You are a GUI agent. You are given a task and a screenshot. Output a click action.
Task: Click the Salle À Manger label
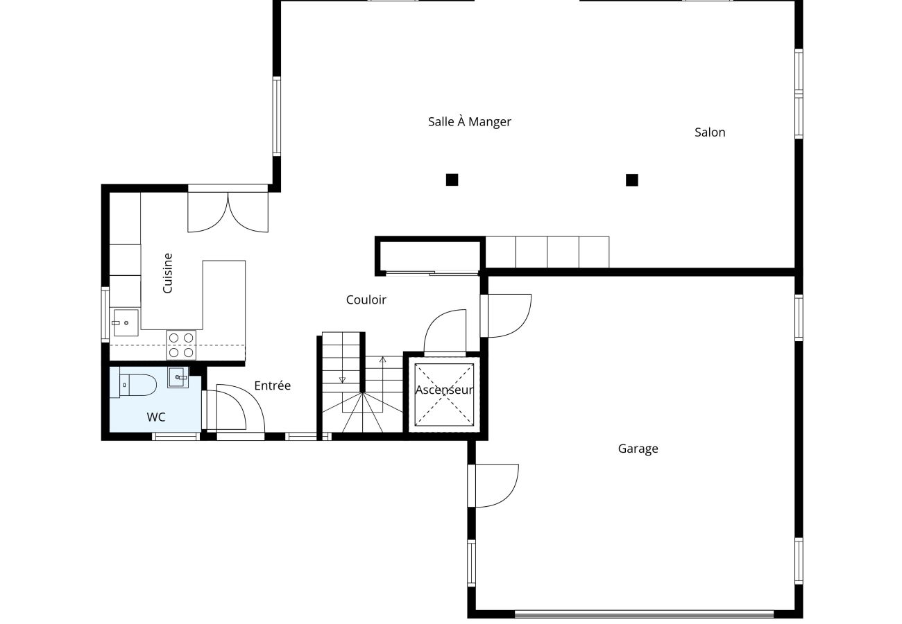469,122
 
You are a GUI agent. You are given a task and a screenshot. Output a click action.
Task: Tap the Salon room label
710,132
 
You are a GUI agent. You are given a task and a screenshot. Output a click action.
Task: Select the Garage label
638,449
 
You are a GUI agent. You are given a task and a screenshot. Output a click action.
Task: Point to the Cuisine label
167,272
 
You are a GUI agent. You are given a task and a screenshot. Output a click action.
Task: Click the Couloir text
366,300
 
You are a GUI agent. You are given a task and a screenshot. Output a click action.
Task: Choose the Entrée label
272,385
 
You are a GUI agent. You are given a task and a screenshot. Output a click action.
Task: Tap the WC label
156,417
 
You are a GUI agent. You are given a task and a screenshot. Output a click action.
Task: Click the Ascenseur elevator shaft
444,393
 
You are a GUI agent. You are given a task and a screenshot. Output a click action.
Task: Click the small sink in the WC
178,378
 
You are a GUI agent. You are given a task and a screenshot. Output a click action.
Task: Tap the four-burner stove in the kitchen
181,345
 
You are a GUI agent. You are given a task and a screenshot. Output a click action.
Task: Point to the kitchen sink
125,322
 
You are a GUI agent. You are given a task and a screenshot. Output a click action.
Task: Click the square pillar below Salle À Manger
452,180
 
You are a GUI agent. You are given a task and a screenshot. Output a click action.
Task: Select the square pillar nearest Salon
631,180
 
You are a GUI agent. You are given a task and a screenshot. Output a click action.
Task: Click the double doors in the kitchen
228,211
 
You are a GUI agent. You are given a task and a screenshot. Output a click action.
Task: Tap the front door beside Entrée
232,413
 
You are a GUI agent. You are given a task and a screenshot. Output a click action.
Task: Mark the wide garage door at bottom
644,614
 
